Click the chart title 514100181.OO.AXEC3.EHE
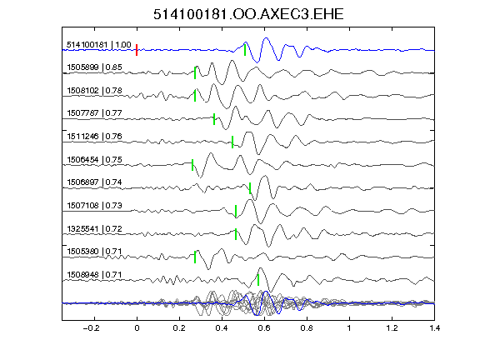click(x=248, y=14)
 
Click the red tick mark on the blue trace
click(x=137, y=50)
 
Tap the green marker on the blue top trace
click(x=245, y=50)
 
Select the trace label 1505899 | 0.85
click(x=95, y=67)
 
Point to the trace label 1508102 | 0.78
click(x=95, y=91)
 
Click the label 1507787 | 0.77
click(x=95, y=113)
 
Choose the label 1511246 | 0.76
click(x=95, y=136)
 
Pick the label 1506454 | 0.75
click(x=95, y=159)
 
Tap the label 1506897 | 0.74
click(x=95, y=182)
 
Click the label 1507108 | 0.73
click(x=95, y=205)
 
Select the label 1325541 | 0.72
click(x=95, y=228)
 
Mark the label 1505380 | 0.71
click(x=95, y=252)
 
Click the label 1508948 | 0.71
click(x=95, y=275)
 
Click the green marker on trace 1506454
click(x=192, y=165)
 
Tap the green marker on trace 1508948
click(x=258, y=280)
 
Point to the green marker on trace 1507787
click(x=214, y=119)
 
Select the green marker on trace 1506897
click(x=250, y=188)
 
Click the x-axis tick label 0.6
click(x=264, y=328)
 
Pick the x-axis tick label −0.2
click(x=91, y=328)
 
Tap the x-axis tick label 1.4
click(x=435, y=328)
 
